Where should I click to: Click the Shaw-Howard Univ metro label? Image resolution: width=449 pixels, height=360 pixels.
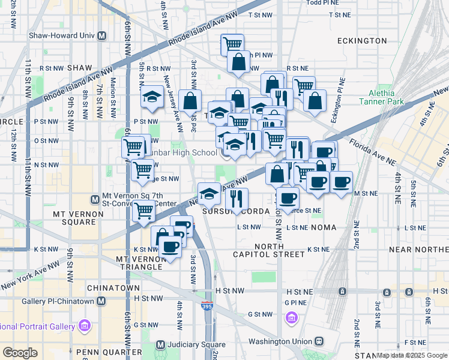pyautogui.click(x=62, y=35)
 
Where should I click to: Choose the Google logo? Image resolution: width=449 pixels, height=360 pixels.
pyautogui.click(x=20, y=353)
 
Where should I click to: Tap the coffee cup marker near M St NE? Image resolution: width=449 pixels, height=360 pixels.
pyautogui.click(x=342, y=182)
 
